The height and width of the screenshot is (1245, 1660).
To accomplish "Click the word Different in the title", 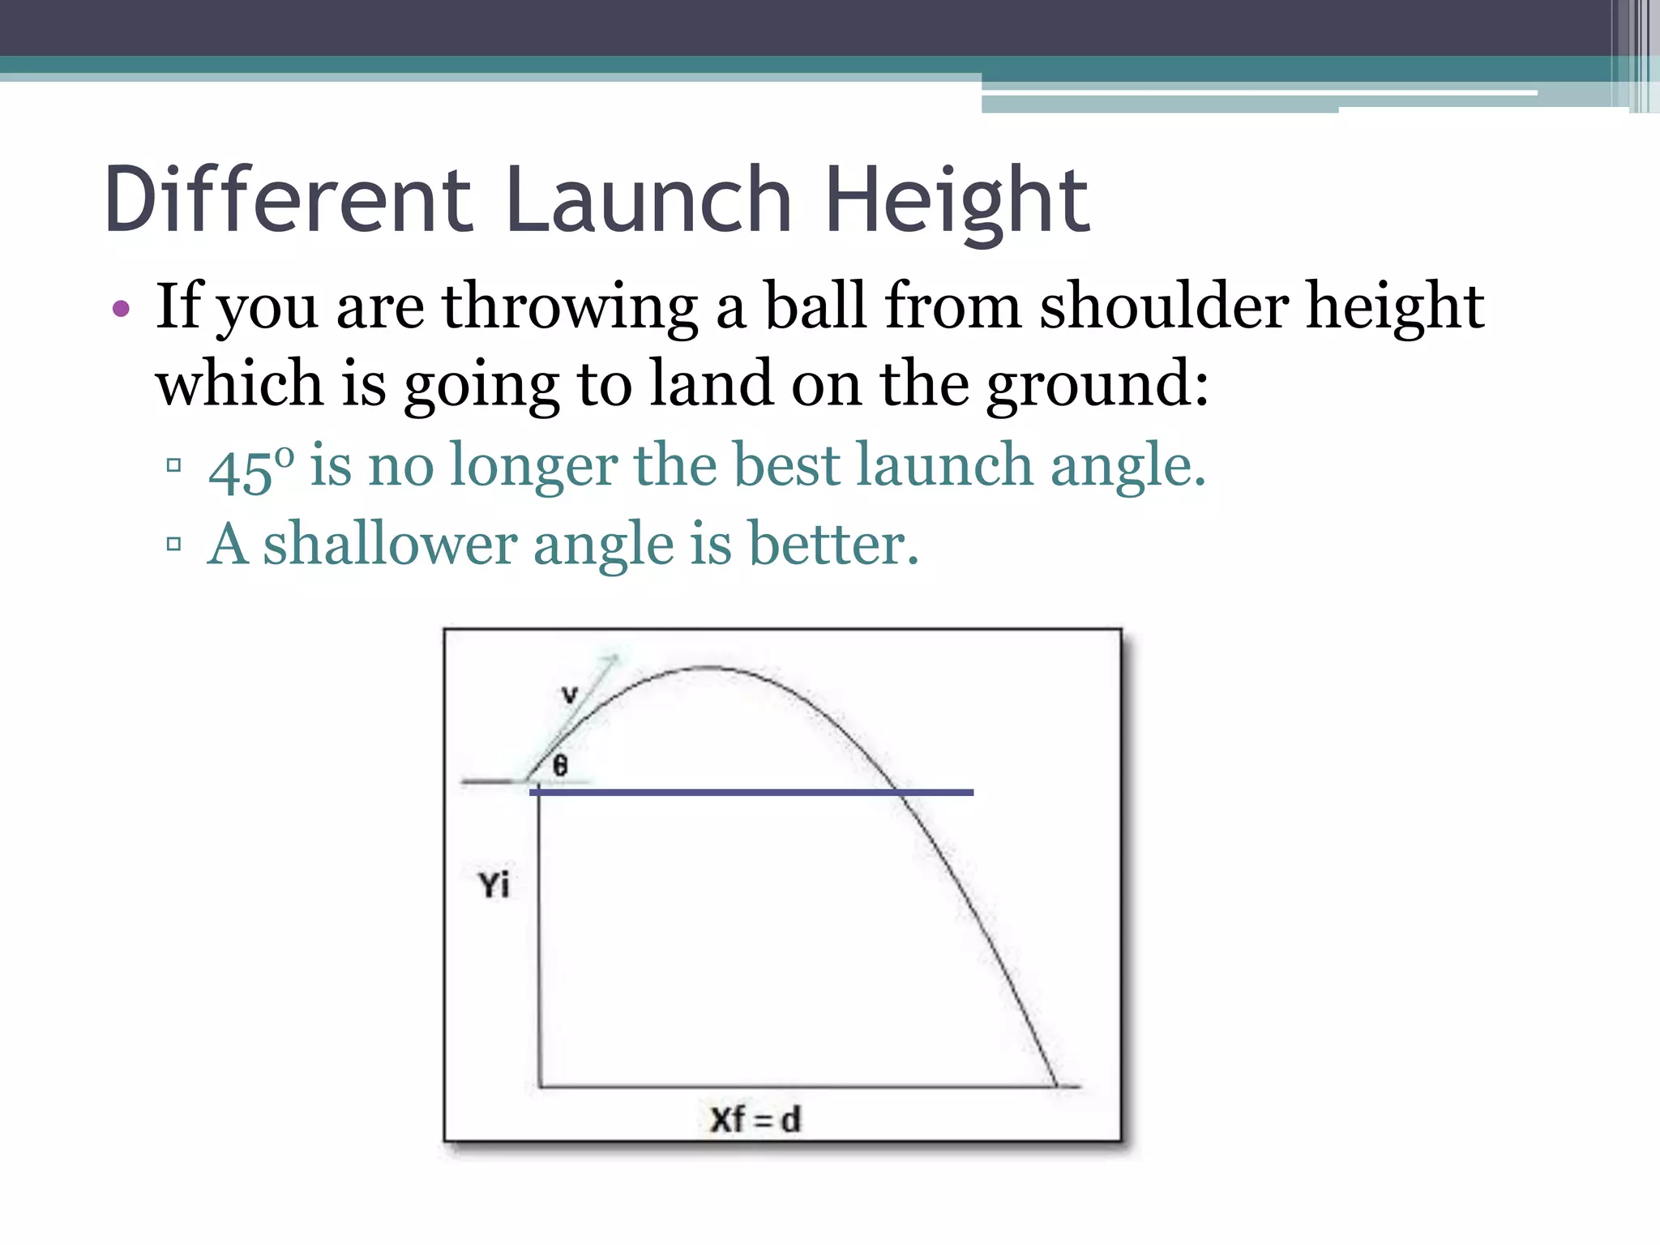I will coord(288,199).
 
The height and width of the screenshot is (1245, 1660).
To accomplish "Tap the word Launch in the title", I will coord(648,199).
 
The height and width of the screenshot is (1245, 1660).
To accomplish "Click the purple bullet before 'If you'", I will coord(122,308).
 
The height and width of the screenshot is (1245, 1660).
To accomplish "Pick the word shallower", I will coord(390,543).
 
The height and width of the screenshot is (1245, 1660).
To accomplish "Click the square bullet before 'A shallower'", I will coord(173,543).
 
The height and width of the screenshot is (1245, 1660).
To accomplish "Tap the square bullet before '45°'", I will coord(173,465).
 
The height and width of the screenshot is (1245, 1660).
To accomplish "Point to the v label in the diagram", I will coord(570,695).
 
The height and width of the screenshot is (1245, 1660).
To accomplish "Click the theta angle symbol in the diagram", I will coord(560,764).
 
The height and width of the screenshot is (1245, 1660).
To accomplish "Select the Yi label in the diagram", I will coord(494,884).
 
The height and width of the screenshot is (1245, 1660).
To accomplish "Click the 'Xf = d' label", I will coord(755,1119).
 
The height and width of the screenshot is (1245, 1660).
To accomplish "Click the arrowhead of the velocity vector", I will coord(614,659).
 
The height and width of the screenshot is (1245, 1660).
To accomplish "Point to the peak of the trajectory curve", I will coord(707,668).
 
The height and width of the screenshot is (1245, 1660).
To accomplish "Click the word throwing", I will coord(569,306).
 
